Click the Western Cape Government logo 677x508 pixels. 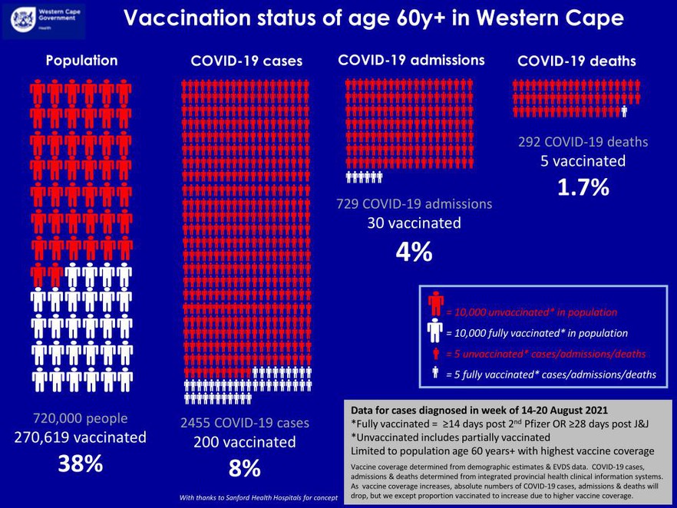(43, 19)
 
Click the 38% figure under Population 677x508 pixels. (81, 465)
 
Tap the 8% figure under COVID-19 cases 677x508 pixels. (244, 468)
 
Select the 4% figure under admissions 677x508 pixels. (414, 252)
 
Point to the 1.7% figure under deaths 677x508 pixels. (583, 186)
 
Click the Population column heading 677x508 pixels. (81, 60)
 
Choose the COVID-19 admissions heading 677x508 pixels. (411, 59)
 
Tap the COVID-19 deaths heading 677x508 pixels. (576, 61)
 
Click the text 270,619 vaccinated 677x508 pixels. (81, 437)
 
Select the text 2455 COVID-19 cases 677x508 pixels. (244, 423)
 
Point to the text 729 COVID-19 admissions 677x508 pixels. (414, 204)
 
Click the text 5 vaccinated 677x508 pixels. (583, 161)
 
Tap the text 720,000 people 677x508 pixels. (81, 418)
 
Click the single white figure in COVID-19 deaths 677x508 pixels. (624, 111)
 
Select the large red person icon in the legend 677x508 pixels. (435, 303)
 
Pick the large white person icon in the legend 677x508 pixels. (435, 332)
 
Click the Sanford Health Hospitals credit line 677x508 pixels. (259, 498)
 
